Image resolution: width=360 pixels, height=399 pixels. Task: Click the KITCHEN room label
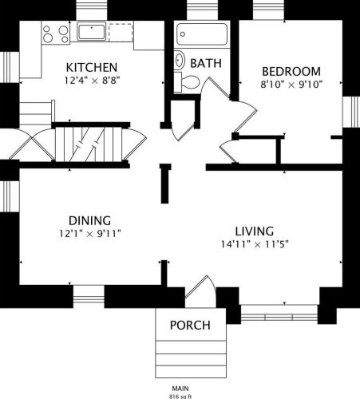click(92, 67)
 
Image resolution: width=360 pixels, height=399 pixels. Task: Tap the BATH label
click(206, 63)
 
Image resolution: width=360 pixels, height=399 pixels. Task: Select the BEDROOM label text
click(291, 72)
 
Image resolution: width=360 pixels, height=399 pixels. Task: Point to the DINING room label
click(89, 221)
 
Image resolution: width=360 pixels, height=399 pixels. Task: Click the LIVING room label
click(255, 231)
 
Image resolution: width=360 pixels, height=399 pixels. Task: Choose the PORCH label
click(190, 325)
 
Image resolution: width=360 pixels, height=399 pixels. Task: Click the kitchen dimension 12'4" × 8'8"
click(92, 80)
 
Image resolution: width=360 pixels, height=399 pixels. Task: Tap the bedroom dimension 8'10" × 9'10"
click(291, 85)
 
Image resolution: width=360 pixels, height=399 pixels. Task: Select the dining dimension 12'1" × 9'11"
click(89, 234)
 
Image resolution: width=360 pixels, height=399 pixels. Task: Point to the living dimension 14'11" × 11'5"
click(255, 244)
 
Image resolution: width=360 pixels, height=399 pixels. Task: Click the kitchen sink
click(92, 32)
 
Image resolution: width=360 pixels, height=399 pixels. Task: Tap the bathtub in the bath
click(202, 34)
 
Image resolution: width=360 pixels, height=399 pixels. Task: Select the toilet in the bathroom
click(187, 82)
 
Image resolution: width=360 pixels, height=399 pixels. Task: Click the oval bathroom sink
click(180, 60)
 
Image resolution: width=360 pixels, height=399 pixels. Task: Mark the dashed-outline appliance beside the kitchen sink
click(121, 32)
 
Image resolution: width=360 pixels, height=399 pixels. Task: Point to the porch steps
click(191, 359)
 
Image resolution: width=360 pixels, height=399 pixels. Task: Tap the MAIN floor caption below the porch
click(180, 389)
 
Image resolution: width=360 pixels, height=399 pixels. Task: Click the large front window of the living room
click(279, 314)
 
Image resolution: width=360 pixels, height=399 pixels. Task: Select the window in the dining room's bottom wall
click(89, 297)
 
